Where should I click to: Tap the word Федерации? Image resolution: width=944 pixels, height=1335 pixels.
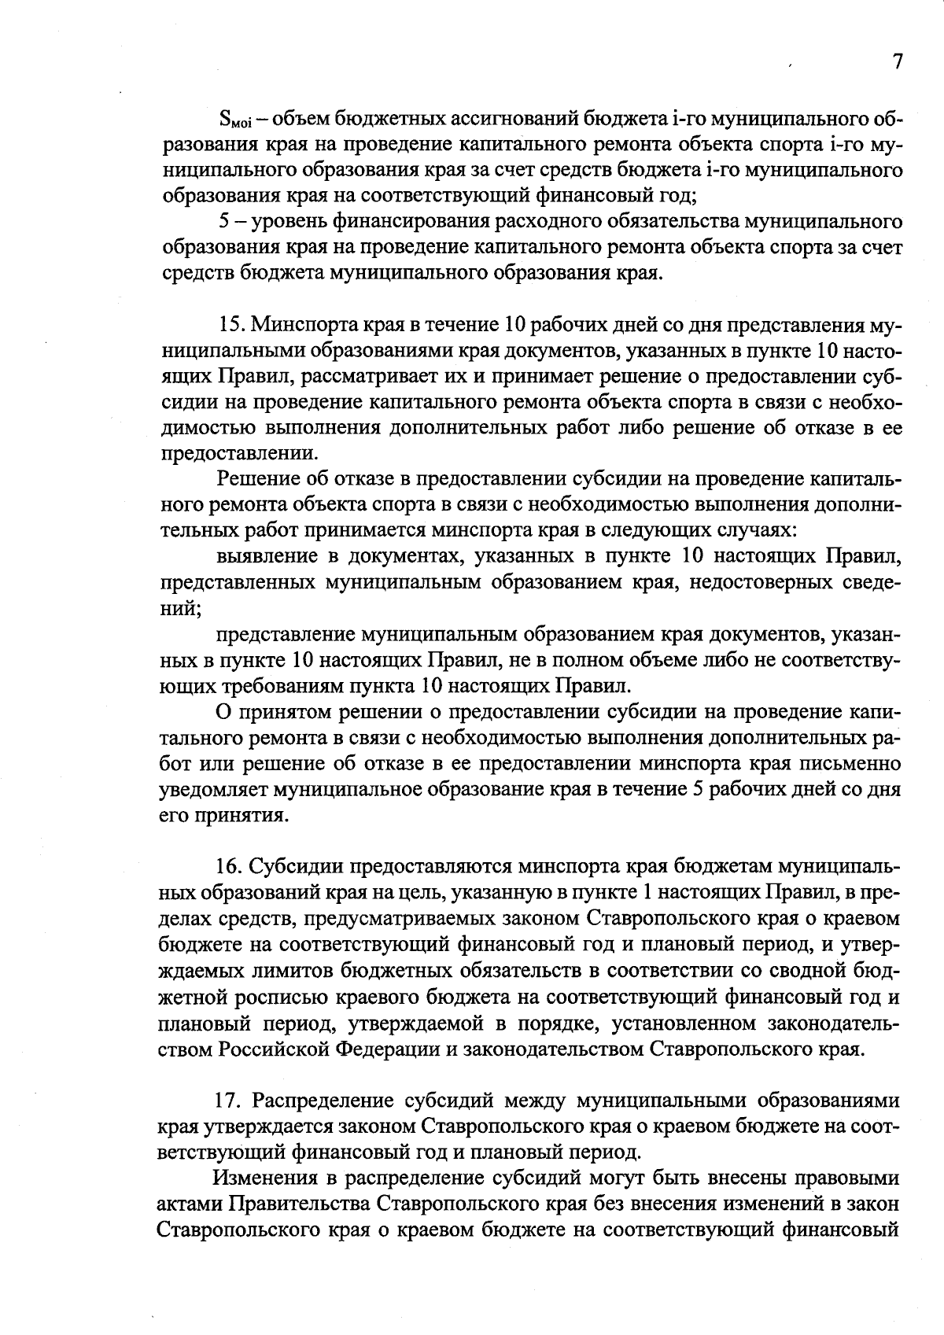click(x=393, y=1049)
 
